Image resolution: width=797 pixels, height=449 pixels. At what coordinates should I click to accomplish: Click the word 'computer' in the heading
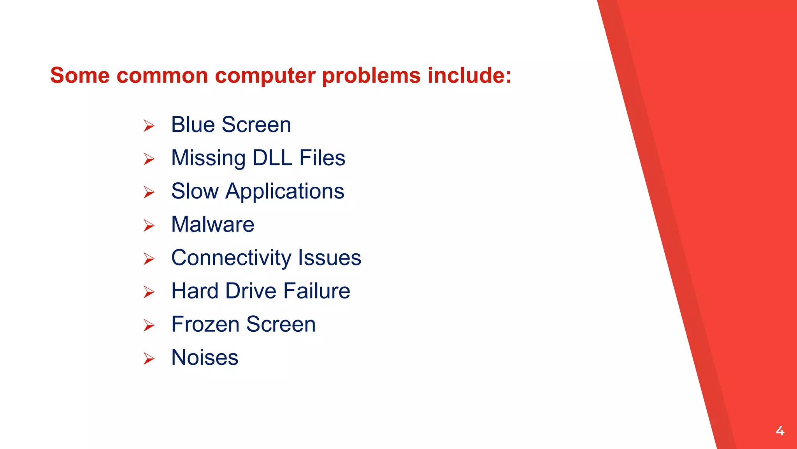[x=265, y=76]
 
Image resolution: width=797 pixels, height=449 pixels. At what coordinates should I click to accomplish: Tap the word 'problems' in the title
[x=371, y=76]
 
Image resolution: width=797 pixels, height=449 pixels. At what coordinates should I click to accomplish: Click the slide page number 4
[x=780, y=431]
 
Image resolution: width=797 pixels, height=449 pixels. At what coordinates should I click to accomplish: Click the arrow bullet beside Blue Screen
[x=149, y=126]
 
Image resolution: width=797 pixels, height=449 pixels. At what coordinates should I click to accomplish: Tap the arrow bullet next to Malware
[x=149, y=226]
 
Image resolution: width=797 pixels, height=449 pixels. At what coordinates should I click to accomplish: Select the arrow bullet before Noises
[x=149, y=359]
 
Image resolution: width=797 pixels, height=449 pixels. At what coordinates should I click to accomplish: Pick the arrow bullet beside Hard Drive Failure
[x=149, y=292]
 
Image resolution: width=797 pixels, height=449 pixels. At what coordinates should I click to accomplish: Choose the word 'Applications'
[x=285, y=192]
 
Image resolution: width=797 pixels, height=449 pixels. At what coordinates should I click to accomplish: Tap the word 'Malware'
[x=212, y=224]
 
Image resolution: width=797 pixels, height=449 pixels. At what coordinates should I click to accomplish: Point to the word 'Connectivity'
[x=231, y=258]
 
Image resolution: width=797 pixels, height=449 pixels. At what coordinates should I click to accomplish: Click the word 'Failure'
[x=317, y=291]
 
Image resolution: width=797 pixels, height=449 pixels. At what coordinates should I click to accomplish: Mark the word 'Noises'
[x=205, y=357]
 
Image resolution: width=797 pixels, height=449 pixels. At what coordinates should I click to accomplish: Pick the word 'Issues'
[x=330, y=258]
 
